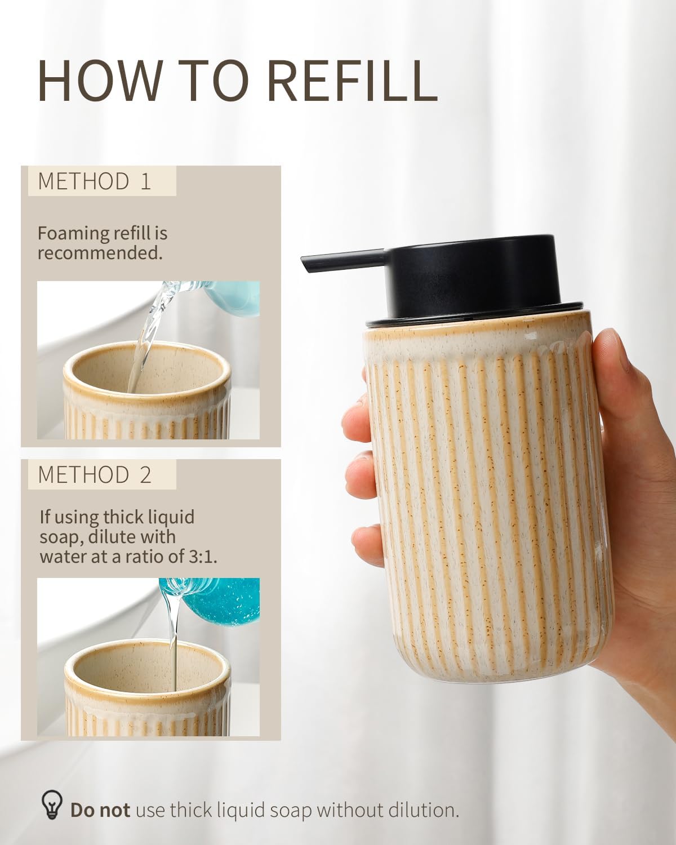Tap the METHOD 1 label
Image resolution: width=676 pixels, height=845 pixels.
(95, 181)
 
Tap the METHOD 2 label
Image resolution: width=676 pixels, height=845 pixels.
(95, 475)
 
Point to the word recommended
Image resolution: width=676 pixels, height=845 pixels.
(100, 253)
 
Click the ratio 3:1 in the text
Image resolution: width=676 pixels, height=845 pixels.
(202, 557)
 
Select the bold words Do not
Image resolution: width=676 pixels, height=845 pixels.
(100, 811)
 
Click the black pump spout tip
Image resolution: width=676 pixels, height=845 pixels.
(308, 263)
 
